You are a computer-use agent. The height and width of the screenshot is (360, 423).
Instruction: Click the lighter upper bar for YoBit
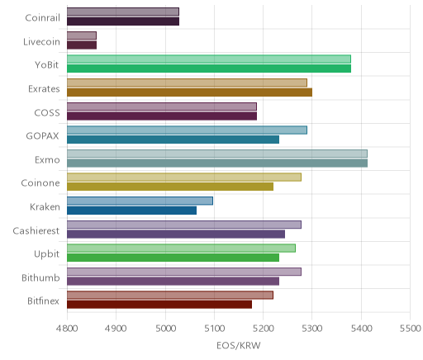point(209,59)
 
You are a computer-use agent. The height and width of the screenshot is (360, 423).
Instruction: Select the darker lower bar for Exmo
point(217,163)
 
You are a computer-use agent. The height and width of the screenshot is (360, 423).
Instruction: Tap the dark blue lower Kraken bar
point(131,211)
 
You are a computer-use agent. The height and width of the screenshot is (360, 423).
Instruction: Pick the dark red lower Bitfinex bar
point(159,305)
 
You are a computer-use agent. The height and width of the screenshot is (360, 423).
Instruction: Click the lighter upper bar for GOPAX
point(187,130)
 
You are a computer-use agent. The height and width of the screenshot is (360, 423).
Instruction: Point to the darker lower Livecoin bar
point(82,45)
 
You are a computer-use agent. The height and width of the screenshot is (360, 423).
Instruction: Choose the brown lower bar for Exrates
point(189,92)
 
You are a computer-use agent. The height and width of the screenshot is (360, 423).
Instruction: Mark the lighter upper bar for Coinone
point(184,178)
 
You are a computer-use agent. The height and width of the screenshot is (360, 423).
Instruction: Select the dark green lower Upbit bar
point(173,258)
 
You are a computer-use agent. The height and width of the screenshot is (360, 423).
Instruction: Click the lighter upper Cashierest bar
point(184,225)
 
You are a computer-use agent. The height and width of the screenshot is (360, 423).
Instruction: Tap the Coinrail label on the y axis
point(42,18)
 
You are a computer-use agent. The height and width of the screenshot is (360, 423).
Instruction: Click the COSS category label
point(47,113)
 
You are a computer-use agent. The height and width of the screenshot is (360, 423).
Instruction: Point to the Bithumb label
point(40,278)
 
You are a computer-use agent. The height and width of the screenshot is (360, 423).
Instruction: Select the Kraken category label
point(45,206)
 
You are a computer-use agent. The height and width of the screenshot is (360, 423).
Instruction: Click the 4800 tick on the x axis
point(67,329)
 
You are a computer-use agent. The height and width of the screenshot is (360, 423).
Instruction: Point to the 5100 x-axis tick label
point(214,329)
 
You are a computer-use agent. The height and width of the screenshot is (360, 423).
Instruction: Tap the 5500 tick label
point(411,329)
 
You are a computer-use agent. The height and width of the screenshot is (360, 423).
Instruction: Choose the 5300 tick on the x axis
point(312,329)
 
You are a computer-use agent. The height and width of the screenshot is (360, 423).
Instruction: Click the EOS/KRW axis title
point(239,346)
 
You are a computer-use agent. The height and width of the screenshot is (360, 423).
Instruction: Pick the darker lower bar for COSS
point(162,116)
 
